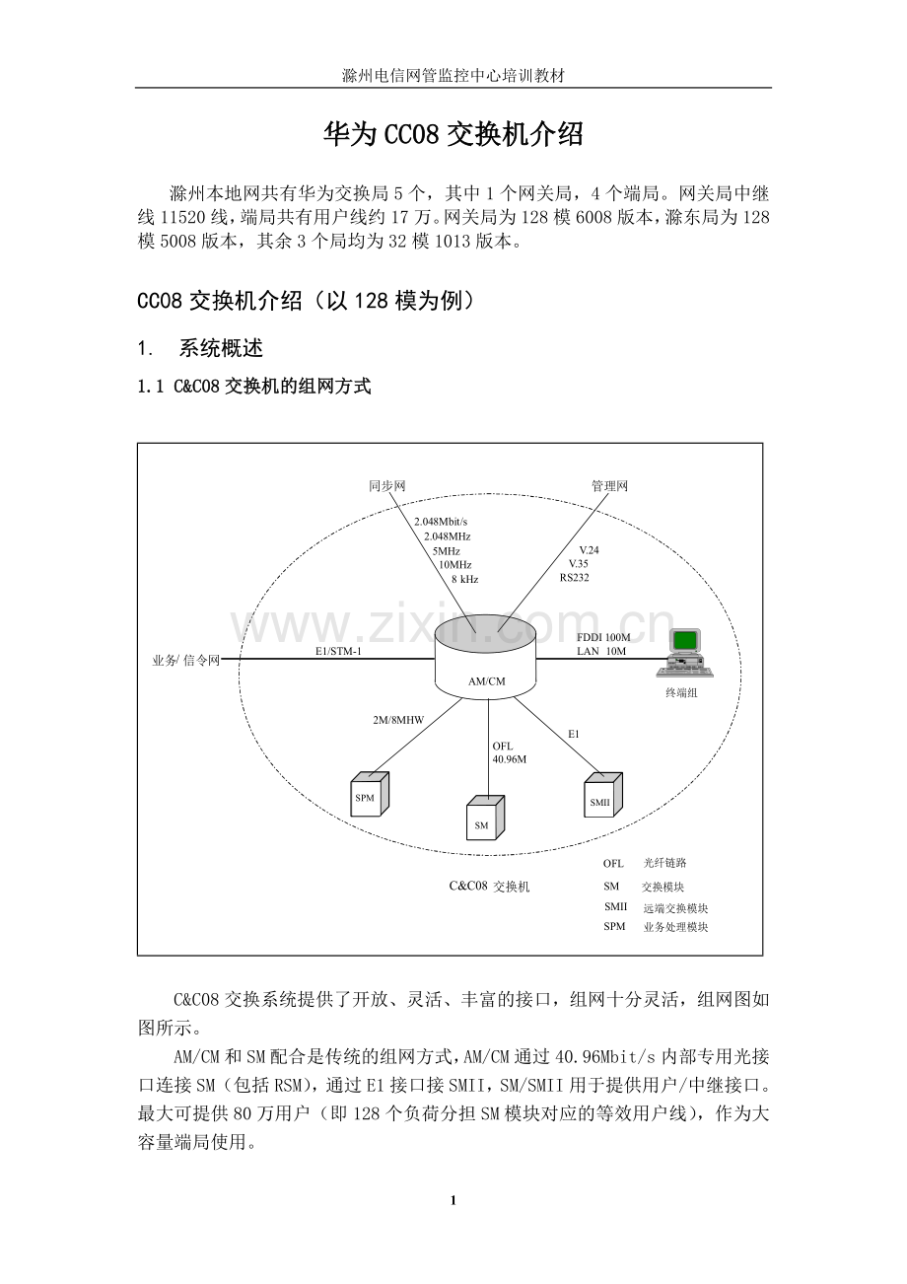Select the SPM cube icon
pos(369,794)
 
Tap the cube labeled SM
pos(484,819)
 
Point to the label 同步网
pos(387,486)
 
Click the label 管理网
pos(609,486)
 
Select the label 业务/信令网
pos(178,660)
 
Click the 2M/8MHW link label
pos(398,721)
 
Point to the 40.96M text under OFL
pos(510,759)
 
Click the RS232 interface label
pos(574,578)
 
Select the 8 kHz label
pos(464,580)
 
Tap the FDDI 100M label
pos(603,637)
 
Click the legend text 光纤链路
pos(664,863)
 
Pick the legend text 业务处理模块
pos(675,927)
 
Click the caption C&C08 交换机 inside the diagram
pos(489,887)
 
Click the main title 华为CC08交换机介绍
pos(453,134)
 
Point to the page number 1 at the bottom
pos(453,1200)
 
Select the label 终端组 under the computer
pos(681,693)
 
